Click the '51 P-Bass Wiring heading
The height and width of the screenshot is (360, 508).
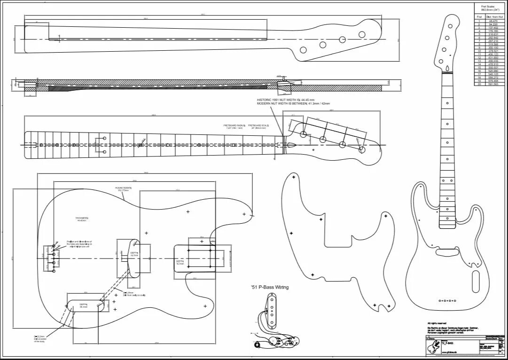coord(270,287)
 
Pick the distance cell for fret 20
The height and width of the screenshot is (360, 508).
coord(493,84)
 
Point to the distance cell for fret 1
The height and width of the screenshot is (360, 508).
coord(493,21)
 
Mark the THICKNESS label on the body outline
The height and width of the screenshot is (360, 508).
coord(82,218)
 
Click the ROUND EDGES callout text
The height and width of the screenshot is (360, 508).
coord(123,188)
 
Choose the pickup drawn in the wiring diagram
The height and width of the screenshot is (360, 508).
coord(272,310)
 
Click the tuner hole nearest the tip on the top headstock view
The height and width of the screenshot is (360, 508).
coord(362,34)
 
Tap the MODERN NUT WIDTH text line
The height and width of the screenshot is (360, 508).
coord(293,104)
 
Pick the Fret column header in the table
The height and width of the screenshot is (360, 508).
coord(479,17)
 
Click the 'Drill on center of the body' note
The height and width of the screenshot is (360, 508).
coord(40,339)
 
